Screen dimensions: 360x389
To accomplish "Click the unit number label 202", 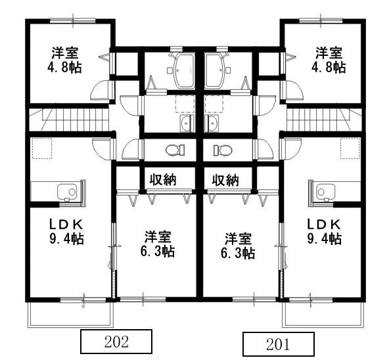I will pyautogui.click(x=116, y=341).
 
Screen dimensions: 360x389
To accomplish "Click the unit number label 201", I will pyautogui.click(x=278, y=344).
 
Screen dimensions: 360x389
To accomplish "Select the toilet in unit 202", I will pyautogui.click(x=175, y=150).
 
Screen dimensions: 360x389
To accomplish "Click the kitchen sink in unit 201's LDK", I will pyautogui.click(x=325, y=192).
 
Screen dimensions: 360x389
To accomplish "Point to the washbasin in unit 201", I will pyautogui.click(x=211, y=124).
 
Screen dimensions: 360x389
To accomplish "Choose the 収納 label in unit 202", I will pyautogui.click(x=164, y=179).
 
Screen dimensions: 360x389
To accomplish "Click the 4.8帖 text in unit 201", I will pyautogui.click(x=328, y=66).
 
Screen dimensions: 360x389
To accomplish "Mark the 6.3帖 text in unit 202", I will pyautogui.click(x=158, y=252).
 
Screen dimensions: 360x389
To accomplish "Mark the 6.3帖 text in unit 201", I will pyautogui.click(x=238, y=252).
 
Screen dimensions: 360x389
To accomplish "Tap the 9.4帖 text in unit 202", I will pyautogui.click(x=66, y=238).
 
